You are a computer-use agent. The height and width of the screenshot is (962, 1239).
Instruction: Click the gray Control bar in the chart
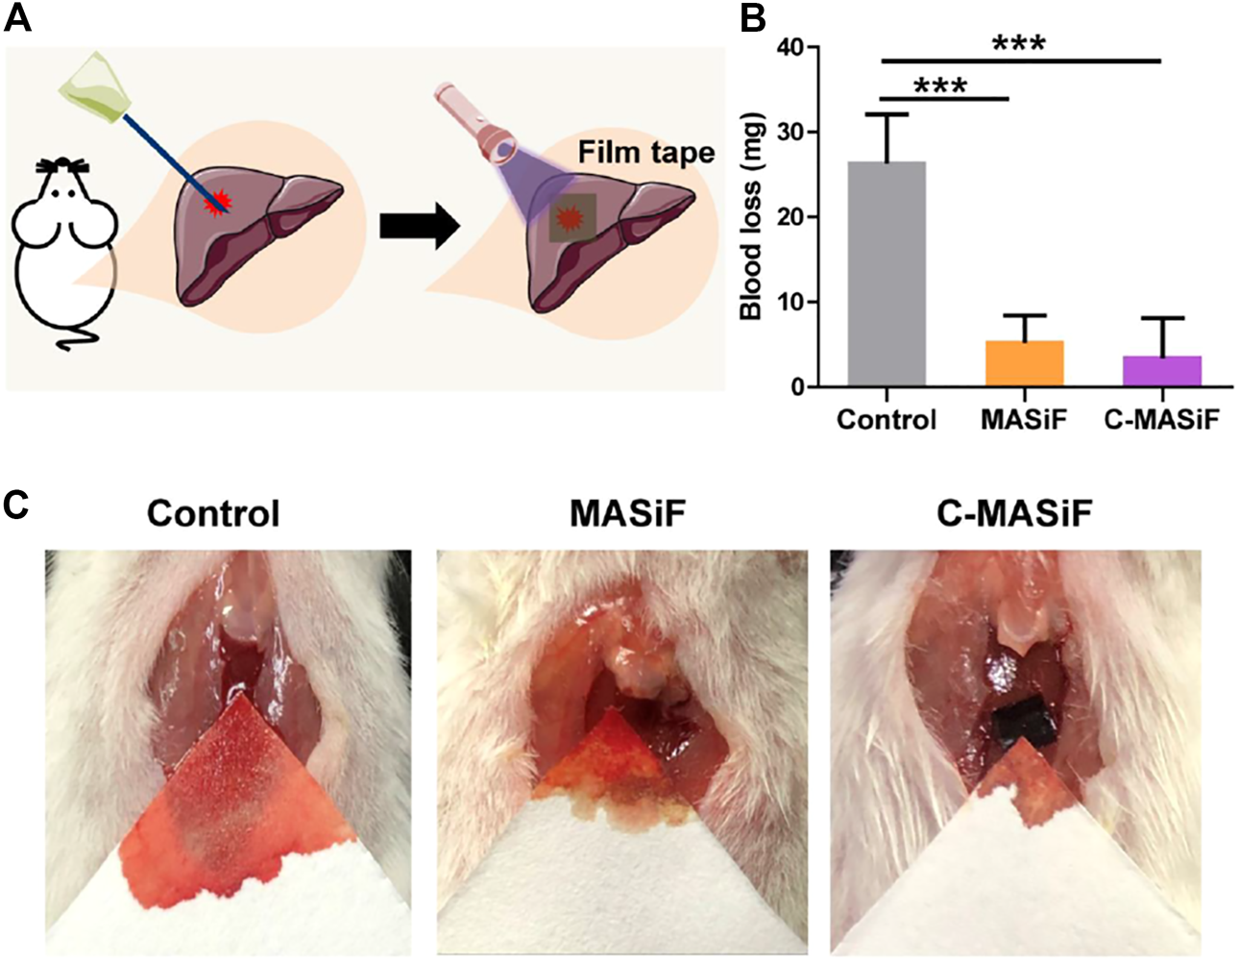click(887, 274)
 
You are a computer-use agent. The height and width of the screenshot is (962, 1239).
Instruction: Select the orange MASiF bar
click(1024, 363)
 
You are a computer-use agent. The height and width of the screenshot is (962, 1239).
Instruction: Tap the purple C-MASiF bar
click(1162, 371)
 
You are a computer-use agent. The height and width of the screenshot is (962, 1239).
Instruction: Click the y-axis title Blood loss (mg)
click(752, 217)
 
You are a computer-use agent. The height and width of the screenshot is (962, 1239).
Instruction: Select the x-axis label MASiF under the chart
click(1024, 420)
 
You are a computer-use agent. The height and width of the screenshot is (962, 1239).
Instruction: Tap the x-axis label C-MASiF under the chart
click(1162, 420)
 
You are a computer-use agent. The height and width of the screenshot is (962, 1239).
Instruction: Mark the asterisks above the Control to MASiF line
click(940, 86)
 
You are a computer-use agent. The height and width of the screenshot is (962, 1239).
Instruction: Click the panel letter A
click(18, 18)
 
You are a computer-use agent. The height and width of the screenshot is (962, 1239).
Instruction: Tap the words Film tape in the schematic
click(646, 152)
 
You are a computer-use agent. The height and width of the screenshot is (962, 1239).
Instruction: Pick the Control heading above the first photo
click(213, 513)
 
